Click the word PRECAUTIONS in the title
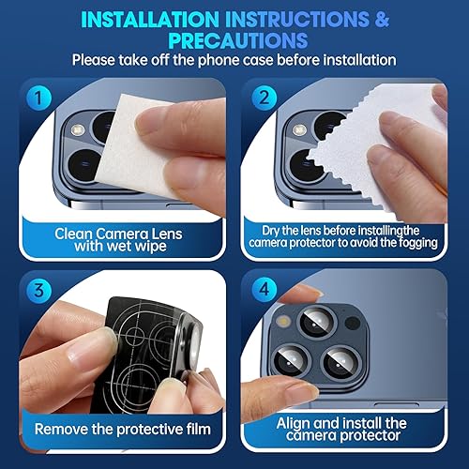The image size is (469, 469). coord(234,40)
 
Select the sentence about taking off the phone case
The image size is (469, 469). coord(234,60)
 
